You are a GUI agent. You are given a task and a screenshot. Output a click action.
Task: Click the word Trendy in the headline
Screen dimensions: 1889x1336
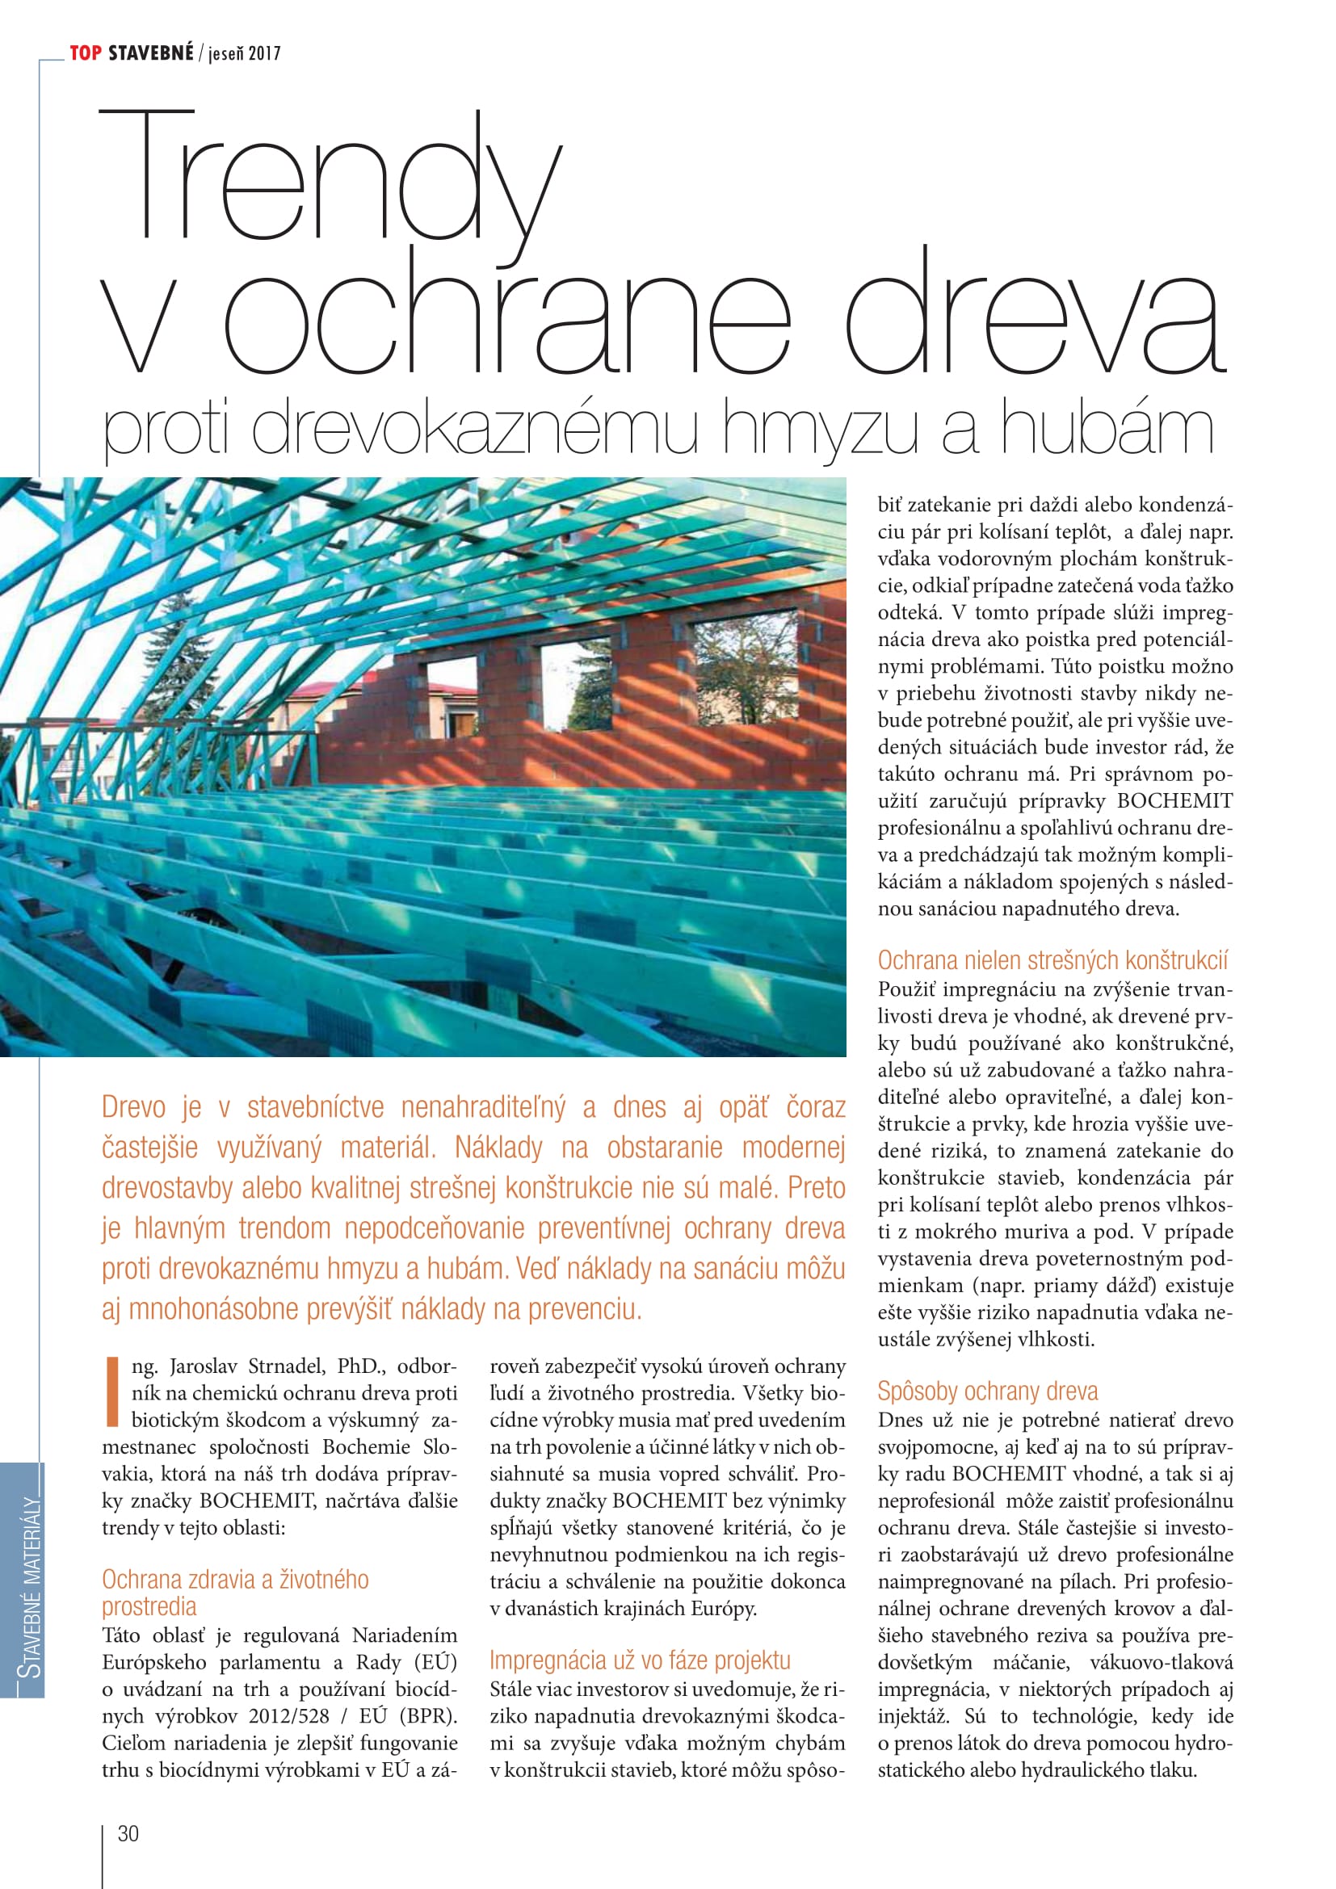point(329,177)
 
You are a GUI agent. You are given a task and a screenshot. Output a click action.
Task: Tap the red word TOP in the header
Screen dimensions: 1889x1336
point(86,54)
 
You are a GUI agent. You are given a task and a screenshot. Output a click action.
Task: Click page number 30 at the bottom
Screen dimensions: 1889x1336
point(128,1833)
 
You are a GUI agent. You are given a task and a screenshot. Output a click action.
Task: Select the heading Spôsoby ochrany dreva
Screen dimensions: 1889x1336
point(987,1391)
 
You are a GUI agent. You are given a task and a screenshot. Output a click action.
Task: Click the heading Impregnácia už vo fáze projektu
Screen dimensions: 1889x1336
point(639,1660)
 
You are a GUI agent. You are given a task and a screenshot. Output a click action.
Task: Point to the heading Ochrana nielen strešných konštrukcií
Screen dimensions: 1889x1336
point(1052,960)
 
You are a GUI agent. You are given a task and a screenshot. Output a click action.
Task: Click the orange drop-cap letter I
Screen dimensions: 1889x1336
point(113,1392)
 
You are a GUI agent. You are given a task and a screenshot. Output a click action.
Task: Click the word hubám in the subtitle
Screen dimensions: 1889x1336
point(1106,428)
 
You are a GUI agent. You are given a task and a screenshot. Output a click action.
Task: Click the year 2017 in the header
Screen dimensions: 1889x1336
point(264,54)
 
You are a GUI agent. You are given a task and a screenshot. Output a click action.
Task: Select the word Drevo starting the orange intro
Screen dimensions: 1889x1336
point(134,1107)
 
